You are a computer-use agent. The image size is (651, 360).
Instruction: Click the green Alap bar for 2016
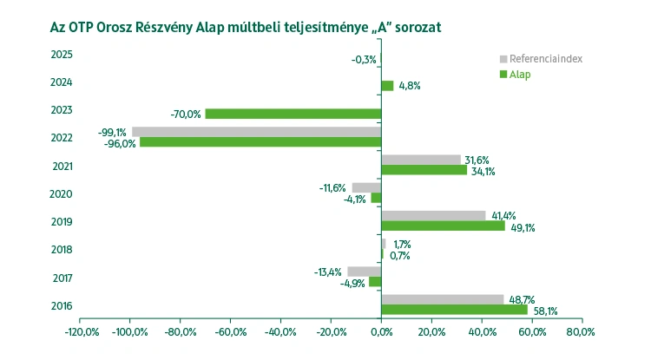coord(454,310)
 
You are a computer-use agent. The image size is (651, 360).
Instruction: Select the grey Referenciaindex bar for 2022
coord(256,132)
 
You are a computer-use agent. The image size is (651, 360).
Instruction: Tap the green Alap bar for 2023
coord(293,114)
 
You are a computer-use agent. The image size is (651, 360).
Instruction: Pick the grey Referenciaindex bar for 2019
coord(433,215)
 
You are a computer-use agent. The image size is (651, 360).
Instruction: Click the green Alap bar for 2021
coord(424,170)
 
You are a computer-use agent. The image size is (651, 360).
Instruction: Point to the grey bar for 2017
coord(365,272)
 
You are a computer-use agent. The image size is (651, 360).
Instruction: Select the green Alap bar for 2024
coord(387,86)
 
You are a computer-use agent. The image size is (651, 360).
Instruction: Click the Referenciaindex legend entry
coord(545,59)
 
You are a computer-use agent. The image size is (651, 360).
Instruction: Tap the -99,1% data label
coord(112,133)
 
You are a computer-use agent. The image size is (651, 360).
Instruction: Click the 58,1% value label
coord(545,311)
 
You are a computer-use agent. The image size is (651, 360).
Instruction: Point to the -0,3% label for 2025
coord(363,59)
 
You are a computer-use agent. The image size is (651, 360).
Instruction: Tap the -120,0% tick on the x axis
coord(80,331)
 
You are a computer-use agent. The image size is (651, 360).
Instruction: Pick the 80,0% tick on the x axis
coord(581,331)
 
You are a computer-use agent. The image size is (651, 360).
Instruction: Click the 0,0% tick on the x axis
coord(381,331)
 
